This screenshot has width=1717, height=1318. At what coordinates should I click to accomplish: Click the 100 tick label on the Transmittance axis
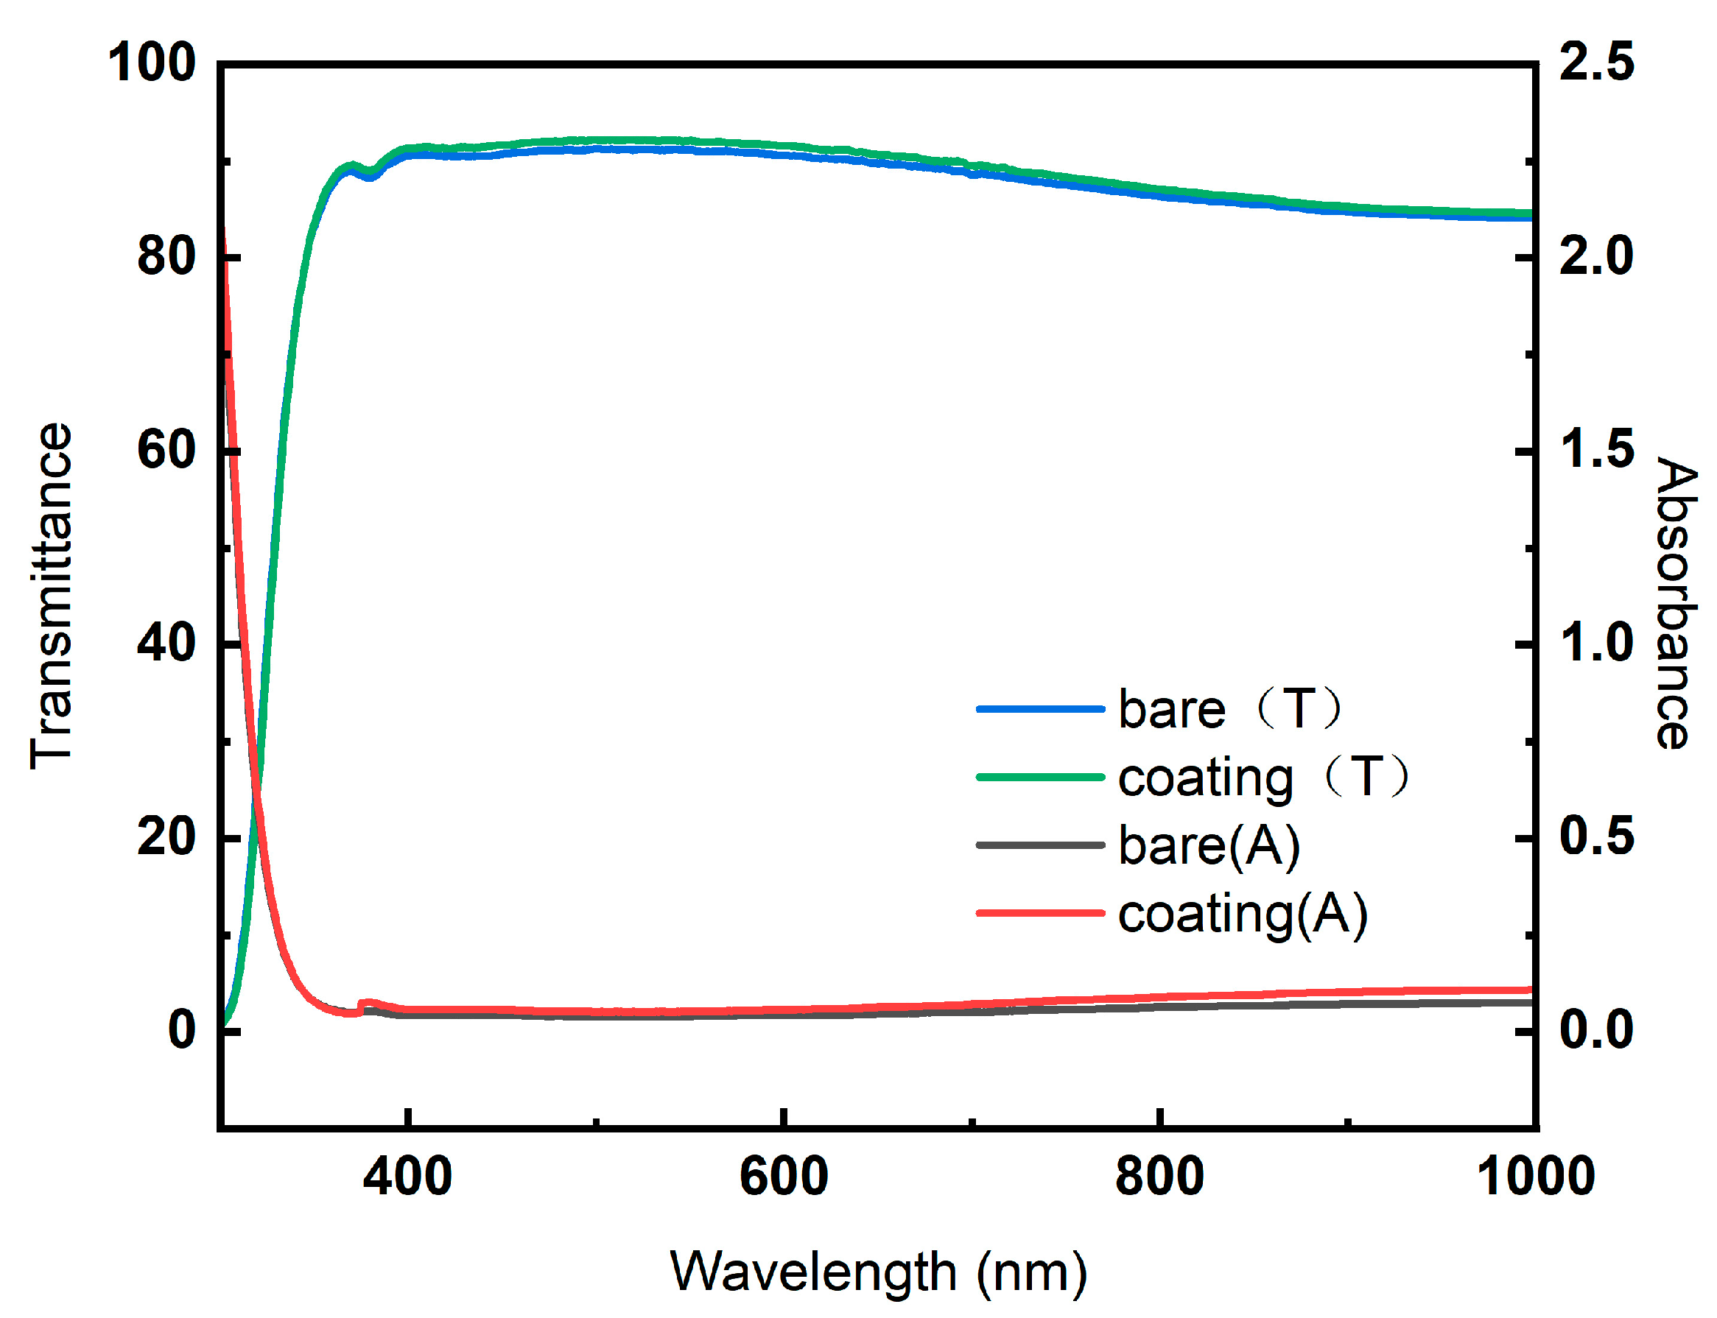(151, 63)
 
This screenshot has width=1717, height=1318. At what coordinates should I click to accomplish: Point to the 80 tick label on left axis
(166, 256)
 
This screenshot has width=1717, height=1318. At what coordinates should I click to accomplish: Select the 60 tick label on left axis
(166, 450)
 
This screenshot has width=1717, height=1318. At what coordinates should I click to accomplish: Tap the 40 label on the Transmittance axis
(166, 644)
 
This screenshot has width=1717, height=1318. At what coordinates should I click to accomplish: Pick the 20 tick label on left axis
(166, 836)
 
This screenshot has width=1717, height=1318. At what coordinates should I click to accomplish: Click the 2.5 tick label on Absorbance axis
(1596, 63)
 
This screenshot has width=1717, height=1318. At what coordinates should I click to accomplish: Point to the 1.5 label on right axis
(1596, 450)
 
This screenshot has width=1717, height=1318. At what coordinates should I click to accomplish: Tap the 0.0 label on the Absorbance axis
(1596, 1029)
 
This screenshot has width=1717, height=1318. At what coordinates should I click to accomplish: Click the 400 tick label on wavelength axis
(407, 1176)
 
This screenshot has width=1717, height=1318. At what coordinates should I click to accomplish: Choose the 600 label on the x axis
(783, 1176)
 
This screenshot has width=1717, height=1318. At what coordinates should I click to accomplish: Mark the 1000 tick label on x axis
(1535, 1176)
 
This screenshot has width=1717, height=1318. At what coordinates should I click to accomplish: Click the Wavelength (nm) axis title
(878, 1272)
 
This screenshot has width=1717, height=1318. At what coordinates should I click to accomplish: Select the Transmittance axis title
(52, 596)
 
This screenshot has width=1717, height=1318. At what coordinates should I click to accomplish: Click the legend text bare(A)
(1209, 846)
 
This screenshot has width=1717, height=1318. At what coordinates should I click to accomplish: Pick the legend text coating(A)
(1242, 914)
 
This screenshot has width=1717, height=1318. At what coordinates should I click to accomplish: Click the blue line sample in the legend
(1040, 709)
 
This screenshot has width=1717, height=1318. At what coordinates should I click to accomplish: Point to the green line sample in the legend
(1040, 778)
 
